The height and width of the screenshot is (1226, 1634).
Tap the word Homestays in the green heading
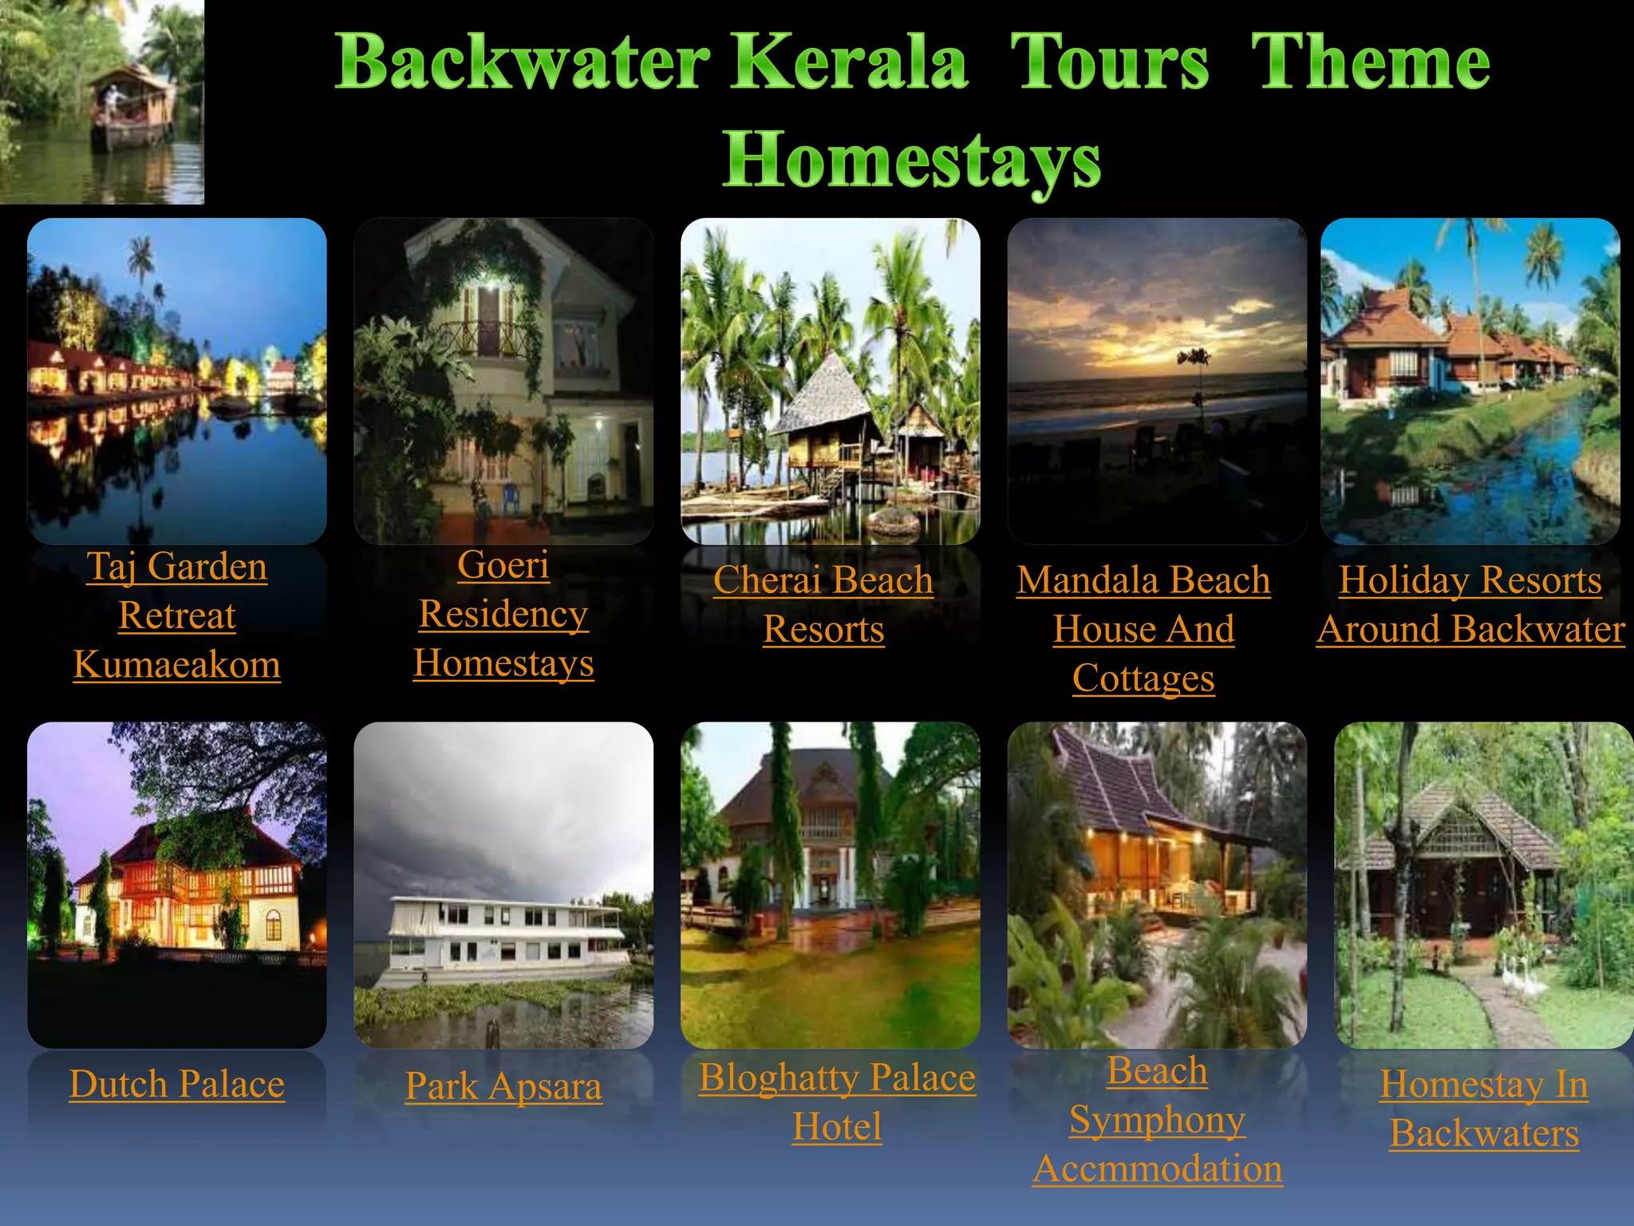[911, 160]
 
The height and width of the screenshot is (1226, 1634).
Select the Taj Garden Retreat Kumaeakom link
[177, 615]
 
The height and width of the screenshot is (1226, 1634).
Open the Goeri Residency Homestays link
[503, 613]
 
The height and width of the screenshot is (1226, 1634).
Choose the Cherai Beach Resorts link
[823, 604]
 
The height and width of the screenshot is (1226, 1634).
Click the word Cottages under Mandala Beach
[1143, 678]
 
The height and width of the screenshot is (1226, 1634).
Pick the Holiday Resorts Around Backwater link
[1470, 604]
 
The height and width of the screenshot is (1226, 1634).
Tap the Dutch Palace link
[177, 1084]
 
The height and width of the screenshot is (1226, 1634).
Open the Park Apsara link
[503, 1086]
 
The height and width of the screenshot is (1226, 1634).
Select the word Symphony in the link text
[1157, 1120]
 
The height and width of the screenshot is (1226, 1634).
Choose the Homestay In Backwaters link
[1484, 1109]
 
